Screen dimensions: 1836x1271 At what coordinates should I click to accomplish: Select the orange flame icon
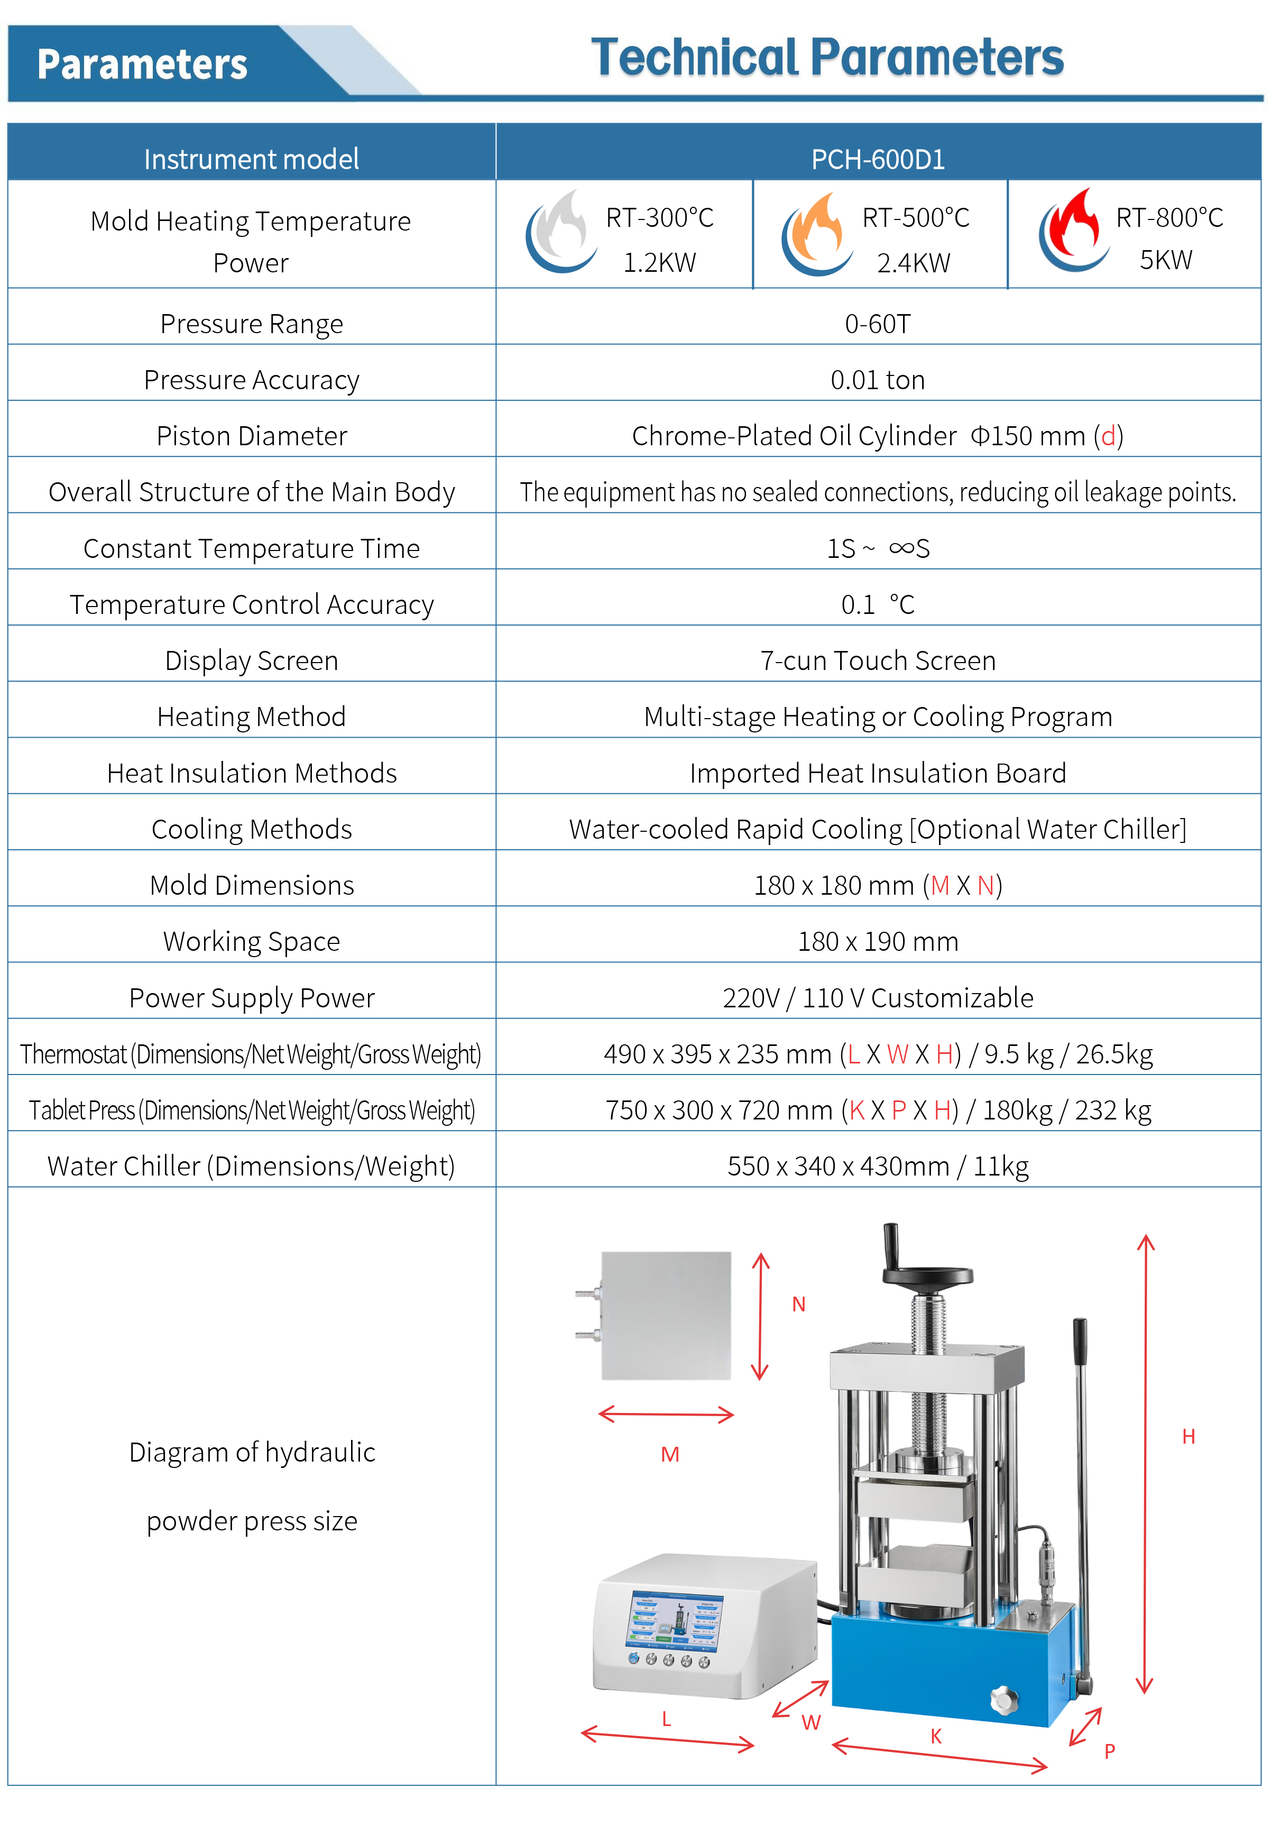pyautogui.click(x=817, y=233)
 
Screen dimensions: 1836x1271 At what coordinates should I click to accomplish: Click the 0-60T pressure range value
pyautogui.click(x=878, y=324)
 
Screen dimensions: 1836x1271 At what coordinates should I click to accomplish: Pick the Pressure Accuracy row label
pyautogui.click(x=252, y=380)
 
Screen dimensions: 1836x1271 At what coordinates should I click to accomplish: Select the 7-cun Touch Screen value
pyautogui.click(x=878, y=661)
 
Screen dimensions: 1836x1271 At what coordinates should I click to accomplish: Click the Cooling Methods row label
pyautogui.click(x=252, y=829)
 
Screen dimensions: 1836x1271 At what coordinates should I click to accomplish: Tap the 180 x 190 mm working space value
pyautogui.click(x=878, y=941)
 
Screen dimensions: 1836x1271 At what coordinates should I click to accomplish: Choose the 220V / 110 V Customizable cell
pyautogui.click(x=878, y=998)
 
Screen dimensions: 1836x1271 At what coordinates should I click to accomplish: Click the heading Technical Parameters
pyautogui.click(x=827, y=58)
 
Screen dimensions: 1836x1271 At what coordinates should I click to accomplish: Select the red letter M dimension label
pyautogui.click(x=670, y=1454)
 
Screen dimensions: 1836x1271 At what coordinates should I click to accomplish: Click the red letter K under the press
pyautogui.click(x=936, y=1737)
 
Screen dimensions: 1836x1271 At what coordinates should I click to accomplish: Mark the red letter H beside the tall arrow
pyautogui.click(x=1188, y=1436)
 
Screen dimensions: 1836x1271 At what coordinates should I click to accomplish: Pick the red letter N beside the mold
pyautogui.click(x=799, y=1304)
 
